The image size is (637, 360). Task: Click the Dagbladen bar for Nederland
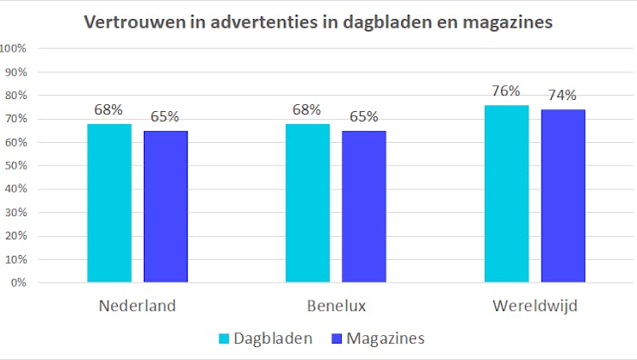tap(109, 203)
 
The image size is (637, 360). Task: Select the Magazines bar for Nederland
tap(165, 207)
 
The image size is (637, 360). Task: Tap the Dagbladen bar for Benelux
tap(307, 203)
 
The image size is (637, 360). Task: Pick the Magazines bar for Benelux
tap(363, 207)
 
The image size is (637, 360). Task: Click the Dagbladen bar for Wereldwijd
tap(506, 194)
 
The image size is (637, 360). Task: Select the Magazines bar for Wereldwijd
tap(562, 196)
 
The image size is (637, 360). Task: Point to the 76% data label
tap(506, 91)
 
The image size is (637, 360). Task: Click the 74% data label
tap(562, 96)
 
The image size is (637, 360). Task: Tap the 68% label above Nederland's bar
tap(109, 109)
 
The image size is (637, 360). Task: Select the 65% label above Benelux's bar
tap(363, 116)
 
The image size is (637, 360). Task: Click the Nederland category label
tap(137, 306)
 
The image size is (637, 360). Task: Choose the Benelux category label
tap(336, 306)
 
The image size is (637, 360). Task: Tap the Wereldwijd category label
tap(534, 306)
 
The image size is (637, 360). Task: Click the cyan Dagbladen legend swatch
tap(226, 338)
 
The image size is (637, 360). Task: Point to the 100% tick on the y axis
tap(15, 48)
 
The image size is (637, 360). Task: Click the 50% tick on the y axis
tap(17, 165)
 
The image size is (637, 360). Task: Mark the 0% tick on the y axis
tap(20, 282)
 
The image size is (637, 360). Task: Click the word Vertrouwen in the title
tap(129, 22)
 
